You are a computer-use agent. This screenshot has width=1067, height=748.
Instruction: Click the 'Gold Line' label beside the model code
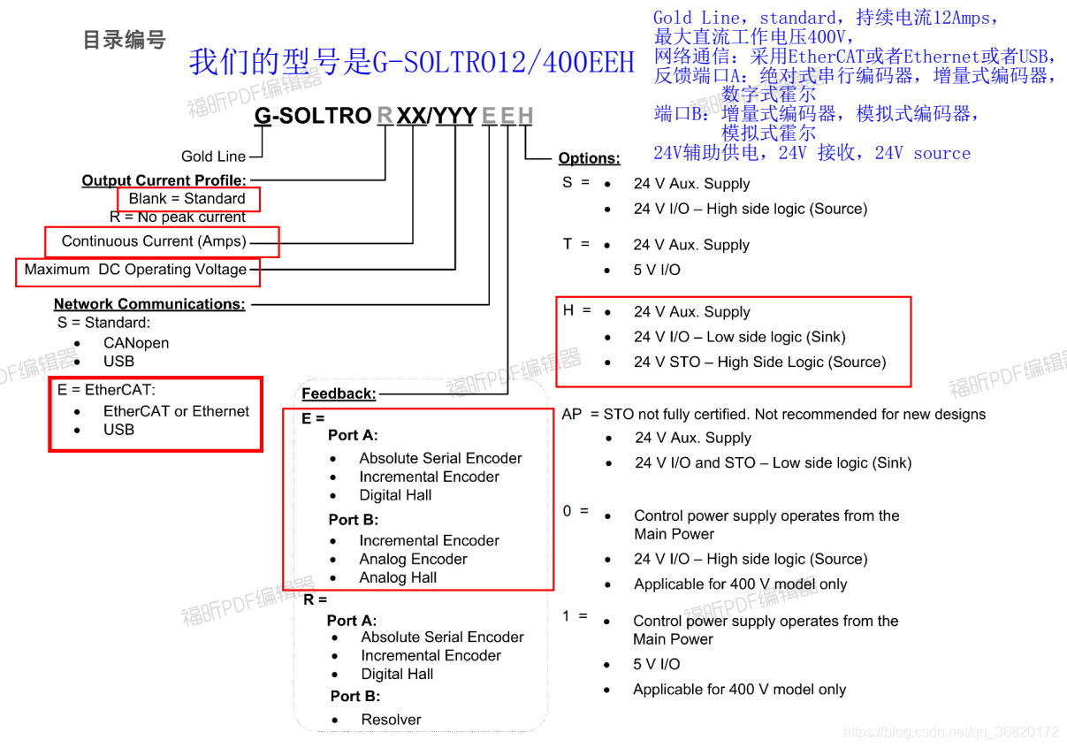pos(213,156)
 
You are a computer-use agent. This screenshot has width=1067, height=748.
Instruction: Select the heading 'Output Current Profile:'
pos(164,180)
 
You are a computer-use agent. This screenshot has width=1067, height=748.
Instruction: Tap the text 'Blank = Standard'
pos(187,199)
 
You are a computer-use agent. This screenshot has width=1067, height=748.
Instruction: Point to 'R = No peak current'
pos(177,217)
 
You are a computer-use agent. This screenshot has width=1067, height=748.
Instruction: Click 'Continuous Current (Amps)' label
pos(154,241)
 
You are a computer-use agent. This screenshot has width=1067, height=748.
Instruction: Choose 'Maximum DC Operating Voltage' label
pos(135,270)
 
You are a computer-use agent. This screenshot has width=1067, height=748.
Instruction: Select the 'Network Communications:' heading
pos(149,304)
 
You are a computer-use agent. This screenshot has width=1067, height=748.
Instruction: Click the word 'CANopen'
pos(135,343)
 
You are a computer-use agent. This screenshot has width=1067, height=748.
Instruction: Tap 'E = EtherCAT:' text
pos(106,390)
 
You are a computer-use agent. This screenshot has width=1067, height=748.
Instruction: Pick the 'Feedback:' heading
pos(339,393)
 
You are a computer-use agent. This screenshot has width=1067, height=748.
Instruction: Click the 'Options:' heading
pos(589,158)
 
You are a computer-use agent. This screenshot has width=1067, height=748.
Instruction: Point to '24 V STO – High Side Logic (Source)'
pos(759,362)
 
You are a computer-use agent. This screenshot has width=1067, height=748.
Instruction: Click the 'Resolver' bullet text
pos(391,720)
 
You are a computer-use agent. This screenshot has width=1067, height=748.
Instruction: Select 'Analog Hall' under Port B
pos(398,577)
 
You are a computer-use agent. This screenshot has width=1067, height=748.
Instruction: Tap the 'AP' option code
pos(572,414)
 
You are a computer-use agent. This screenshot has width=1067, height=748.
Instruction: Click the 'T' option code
pos(568,244)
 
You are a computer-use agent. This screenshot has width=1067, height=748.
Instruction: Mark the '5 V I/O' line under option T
pos(657,270)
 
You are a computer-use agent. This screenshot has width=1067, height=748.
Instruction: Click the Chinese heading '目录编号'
pos(124,40)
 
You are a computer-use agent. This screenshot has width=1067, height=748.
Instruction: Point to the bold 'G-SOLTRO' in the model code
pos(313,116)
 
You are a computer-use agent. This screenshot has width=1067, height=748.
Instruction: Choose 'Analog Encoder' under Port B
pos(413,559)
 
